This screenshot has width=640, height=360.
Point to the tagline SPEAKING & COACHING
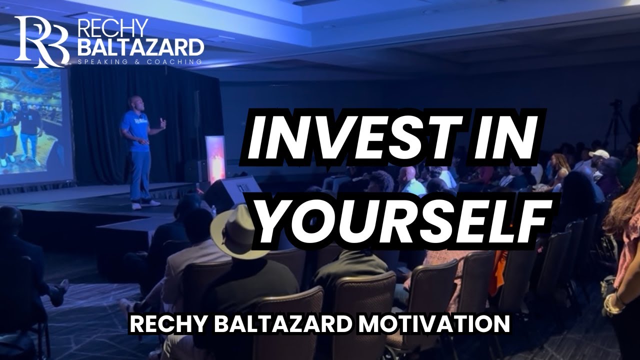(140, 62)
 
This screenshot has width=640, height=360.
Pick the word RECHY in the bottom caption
(161, 324)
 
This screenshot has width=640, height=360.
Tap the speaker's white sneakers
(145, 204)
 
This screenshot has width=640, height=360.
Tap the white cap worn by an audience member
(599, 154)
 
